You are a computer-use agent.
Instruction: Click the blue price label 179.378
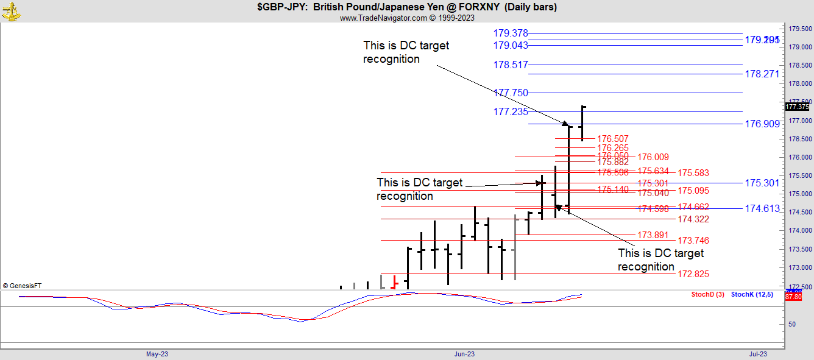point(511,33)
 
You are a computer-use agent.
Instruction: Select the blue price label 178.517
point(511,65)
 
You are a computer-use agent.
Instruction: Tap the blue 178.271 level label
point(762,74)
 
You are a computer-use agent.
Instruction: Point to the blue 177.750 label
point(511,93)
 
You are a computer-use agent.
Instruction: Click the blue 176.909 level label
point(762,124)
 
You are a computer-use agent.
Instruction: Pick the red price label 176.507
point(613,139)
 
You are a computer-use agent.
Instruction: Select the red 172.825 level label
point(693,274)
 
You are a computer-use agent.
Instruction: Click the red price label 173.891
point(653,235)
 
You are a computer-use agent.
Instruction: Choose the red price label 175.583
point(693,173)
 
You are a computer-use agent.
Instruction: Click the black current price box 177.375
point(797,107)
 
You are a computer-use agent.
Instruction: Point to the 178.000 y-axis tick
point(799,84)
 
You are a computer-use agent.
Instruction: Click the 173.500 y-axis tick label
point(799,250)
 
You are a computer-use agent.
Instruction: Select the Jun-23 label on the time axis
point(465,354)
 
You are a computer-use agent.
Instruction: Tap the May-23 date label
point(157,354)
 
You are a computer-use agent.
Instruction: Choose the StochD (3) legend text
point(707,295)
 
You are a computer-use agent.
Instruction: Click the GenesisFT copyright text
point(23,285)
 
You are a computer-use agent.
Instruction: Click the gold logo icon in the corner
point(11,11)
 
